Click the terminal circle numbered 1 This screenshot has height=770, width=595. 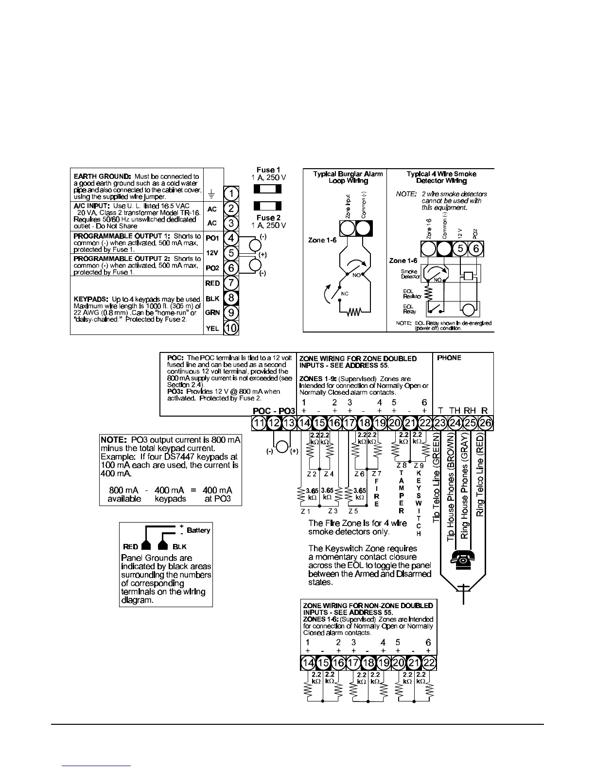(x=231, y=194)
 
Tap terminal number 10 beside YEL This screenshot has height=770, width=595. (x=231, y=328)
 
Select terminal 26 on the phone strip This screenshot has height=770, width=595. (x=485, y=423)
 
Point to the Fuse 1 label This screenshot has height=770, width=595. (x=268, y=170)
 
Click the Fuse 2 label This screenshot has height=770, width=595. (x=268, y=218)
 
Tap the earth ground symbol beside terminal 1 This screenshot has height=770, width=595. (x=212, y=194)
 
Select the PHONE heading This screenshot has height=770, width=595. (x=449, y=358)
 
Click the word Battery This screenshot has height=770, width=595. (x=198, y=530)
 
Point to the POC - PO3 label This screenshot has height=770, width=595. (x=274, y=411)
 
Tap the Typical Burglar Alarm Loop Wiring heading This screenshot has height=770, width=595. (x=348, y=177)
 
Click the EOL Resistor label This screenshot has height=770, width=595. (x=408, y=294)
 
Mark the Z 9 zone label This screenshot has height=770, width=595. (x=419, y=466)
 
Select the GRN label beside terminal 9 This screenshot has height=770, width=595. (x=212, y=313)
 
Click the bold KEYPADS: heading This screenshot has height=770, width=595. (x=91, y=299)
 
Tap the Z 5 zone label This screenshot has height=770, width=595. (x=353, y=511)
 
